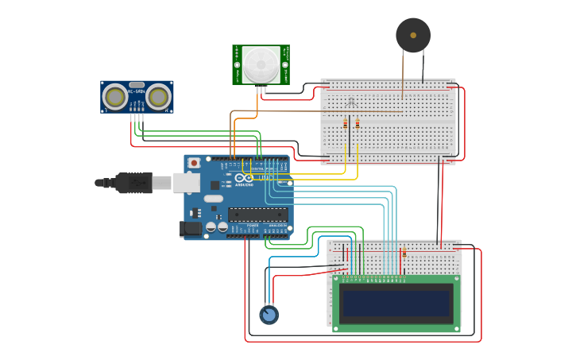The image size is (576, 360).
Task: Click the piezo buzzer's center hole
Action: pyautogui.click(x=413, y=35)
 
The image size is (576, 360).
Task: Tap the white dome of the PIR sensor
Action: pyautogui.click(x=261, y=64)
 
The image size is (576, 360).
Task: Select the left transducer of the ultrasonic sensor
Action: pyautogui.click(x=116, y=97)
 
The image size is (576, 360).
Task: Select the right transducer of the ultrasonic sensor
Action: pyautogui.click(x=158, y=97)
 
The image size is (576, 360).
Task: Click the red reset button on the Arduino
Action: pyautogui.click(x=194, y=163)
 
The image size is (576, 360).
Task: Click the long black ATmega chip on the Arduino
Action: pyautogui.click(x=257, y=213)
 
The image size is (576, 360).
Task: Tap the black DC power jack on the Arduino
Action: pyautogui.click(x=191, y=228)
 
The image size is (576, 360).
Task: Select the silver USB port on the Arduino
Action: pyautogui.click(x=186, y=183)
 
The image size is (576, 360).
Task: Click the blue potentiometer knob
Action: pyautogui.click(x=269, y=315)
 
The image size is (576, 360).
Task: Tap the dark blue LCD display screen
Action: pyautogui.click(x=396, y=303)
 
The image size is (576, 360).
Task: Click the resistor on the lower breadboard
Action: pyautogui.click(x=404, y=253)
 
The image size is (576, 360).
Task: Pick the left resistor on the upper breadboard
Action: pyautogui.click(x=346, y=124)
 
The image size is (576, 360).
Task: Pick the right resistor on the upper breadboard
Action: pyautogui.click(x=357, y=124)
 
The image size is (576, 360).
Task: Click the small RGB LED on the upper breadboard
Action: pyautogui.click(x=352, y=101)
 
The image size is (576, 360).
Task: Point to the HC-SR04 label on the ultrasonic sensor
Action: pyautogui.click(x=137, y=84)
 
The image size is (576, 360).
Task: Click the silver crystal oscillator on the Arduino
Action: pyautogui.click(x=213, y=199)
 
